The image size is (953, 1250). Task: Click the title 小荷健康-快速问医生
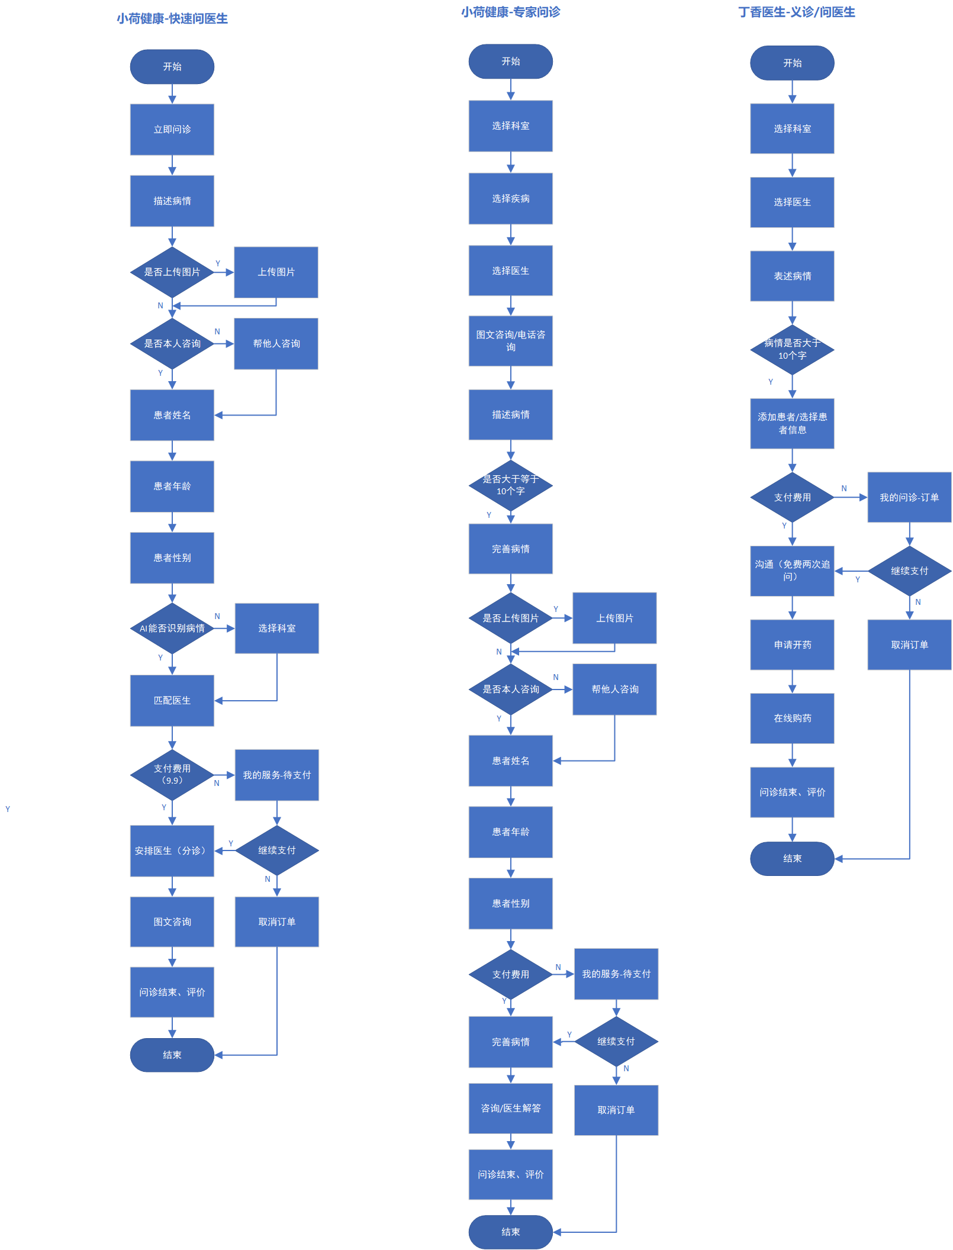(172, 18)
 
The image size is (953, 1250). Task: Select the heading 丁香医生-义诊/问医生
(796, 12)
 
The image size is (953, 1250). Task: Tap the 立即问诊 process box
(172, 130)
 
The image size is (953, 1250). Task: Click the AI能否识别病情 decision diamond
(172, 628)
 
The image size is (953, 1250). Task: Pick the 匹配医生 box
(172, 700)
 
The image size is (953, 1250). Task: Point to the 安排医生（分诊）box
(172, 850)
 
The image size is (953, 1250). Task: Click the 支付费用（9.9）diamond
(172, 774)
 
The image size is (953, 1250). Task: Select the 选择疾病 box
(510, 198)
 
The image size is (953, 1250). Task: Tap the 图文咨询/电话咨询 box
(510, 341)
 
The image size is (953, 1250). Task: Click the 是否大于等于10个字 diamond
(510, 485)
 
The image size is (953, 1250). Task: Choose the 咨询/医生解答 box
(510, 1108)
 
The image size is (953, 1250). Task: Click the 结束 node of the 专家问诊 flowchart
(510, 1232)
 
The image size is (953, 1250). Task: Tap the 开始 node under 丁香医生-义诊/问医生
(792, 63)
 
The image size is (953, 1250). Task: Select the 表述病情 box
(792, 276)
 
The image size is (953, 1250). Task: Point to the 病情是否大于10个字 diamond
(792, 349)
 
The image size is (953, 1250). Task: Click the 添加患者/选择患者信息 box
(792, 423)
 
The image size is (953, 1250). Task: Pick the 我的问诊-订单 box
(909, 497)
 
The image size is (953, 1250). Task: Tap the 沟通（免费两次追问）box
(792, 571)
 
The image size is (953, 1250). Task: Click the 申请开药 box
(792, 645)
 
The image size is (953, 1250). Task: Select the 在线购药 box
(792, 718)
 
